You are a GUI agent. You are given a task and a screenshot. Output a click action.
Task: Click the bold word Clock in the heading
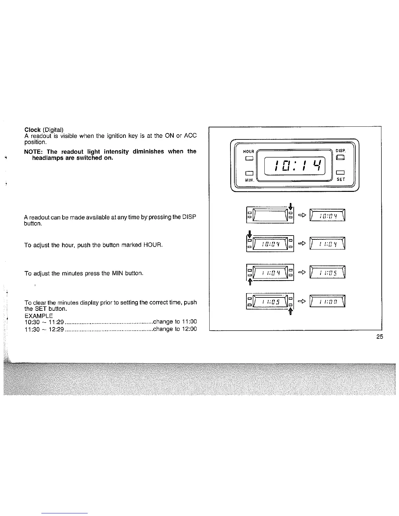pos(33,130)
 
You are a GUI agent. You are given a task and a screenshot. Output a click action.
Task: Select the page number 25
pos(379,337)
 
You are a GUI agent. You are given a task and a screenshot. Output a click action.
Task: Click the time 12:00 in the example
pos(189,329)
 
